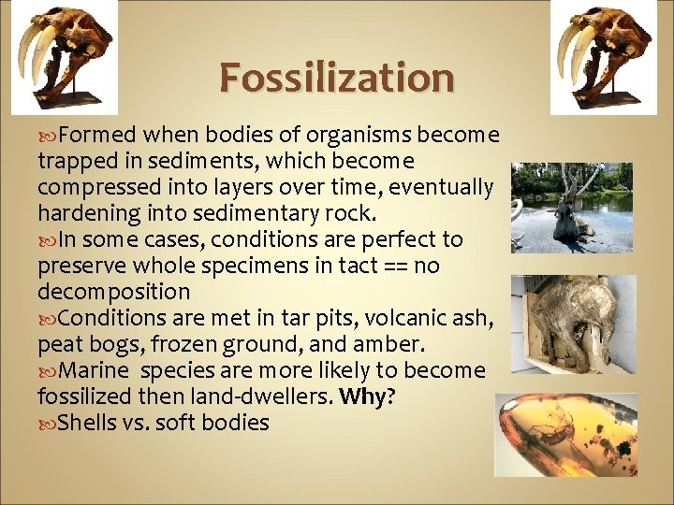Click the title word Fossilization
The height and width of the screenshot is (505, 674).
point(337,77)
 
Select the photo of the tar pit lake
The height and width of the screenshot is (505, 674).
point(572,208)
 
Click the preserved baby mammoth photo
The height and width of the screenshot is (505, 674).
point(572,324)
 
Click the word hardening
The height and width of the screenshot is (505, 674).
point(85,214)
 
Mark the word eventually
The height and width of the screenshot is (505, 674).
point(441,187)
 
